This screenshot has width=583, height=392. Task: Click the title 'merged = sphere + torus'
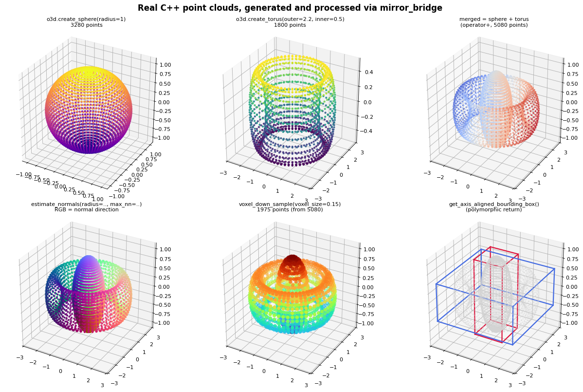click(x=494, y=19)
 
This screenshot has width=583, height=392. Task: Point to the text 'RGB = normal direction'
click(x=87, y=210)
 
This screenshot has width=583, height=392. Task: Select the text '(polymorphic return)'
click(x=494, y=210)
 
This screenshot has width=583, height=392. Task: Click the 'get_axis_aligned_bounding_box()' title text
click(x=494, y=204)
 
